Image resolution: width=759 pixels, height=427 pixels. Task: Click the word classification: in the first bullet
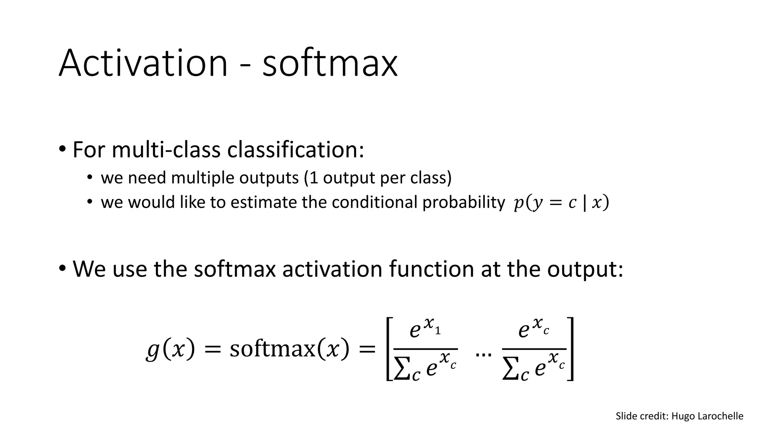[295, 150]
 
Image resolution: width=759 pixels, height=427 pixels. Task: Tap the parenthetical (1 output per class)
[378, 178]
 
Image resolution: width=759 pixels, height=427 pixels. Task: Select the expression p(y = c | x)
[561, 203]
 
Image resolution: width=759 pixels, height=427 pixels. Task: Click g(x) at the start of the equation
[170, 349]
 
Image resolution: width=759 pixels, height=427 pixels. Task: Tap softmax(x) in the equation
[289, 349]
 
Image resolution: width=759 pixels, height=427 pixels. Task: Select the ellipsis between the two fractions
[483, 354]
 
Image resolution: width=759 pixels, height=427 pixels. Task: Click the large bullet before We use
[62, 268]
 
